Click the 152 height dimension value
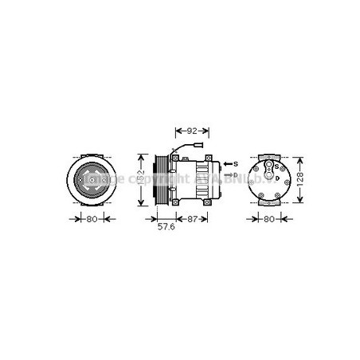(x=141, y=180)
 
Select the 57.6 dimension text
(x=165, y=227)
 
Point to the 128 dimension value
(x=299, y=180)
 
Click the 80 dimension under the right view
(x=269, y=221)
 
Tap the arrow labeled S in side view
(x=227, y=163)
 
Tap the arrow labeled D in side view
(x=227, y=174)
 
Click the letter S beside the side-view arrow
(x=237, y=163)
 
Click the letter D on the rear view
(x=276, y=178)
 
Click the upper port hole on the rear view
(x=270, y=167)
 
